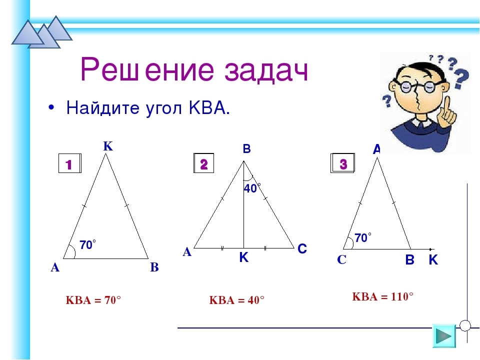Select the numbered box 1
coord(70,163)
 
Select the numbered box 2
coord(204,163)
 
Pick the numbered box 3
coord(343,163)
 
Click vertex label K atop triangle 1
coord(108,146)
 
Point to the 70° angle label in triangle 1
coord(87,245)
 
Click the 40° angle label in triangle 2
coord(252,188)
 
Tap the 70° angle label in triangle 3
coord(363,237)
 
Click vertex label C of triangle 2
coord(302,248)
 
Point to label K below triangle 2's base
coord(244,258)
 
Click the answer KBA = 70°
coord(93,300)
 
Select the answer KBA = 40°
coord(236,300)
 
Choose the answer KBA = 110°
coord(382,296)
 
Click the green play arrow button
coord(444,336)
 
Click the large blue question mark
coord(461,78)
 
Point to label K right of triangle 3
coord(433,260)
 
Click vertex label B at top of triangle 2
coord(246,149)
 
